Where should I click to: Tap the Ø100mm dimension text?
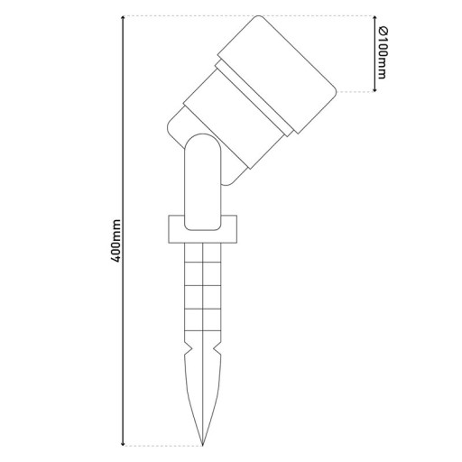click(383, 53)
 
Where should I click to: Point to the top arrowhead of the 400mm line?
click(124, 19)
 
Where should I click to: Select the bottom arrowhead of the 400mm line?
click(124, 442)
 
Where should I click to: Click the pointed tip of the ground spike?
click(204, 443)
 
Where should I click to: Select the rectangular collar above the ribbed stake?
click(204, 229)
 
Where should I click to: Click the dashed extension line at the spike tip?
click(162, 445)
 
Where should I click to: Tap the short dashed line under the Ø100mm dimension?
click(356, 91)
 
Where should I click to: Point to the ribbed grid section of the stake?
click(204, 289)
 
